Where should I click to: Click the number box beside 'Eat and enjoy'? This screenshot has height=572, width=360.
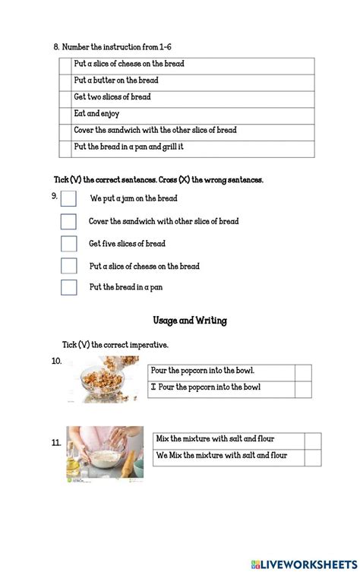66,114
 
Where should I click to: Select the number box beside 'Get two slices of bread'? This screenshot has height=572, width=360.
66,97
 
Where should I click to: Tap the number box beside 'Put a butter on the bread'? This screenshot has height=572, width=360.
66,81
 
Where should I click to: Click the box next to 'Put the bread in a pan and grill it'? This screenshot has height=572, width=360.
66,148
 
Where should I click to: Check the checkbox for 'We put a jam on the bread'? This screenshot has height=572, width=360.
68,199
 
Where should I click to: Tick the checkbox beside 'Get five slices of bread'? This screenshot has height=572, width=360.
68,244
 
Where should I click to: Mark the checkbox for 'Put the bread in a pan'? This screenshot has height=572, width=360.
68,288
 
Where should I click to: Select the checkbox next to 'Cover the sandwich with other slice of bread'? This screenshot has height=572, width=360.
68,222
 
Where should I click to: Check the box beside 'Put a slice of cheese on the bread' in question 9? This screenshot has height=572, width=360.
68,266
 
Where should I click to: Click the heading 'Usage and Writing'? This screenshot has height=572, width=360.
189,321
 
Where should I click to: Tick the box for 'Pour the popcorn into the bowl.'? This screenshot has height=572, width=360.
303,371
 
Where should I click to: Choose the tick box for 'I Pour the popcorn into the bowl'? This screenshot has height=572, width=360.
303,388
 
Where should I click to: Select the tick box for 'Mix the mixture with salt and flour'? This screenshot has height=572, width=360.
312,441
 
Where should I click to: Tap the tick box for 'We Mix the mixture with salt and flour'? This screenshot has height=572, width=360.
312,457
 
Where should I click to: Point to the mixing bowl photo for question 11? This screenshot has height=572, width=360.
104,453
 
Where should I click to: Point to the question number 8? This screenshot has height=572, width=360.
56,47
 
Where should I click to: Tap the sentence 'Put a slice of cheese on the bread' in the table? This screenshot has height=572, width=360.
129,64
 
